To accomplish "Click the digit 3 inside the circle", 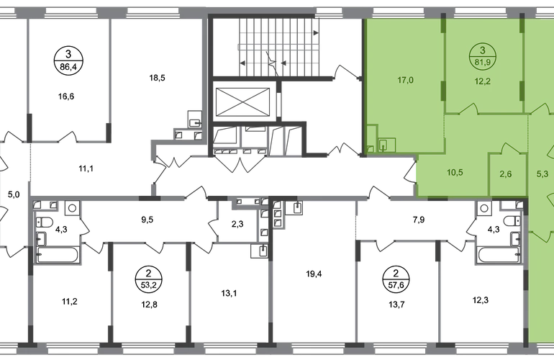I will point(481,50).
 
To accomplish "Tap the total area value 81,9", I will point(481,61).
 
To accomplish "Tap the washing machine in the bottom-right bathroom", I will point(485,210).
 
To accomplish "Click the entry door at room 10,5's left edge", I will point(412,174).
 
